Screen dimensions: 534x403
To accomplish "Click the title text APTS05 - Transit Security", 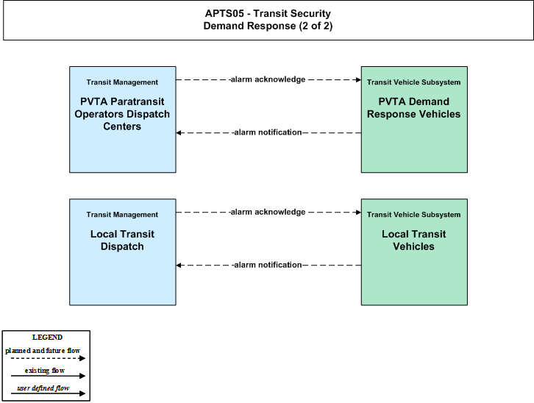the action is coord(268,14).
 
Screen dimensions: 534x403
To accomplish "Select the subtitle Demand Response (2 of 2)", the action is coord(268,26).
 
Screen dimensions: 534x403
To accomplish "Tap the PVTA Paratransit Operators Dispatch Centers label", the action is coord(122,114).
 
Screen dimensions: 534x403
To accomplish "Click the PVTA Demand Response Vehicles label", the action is coord(414,108).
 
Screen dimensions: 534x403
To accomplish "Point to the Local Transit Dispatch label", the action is coord(122,240).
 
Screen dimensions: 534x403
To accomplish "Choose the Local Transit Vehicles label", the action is coord(414,240).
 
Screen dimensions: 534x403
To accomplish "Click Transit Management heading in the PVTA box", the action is coord(122,82).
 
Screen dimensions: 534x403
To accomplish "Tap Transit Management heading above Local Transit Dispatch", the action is coord(122,215).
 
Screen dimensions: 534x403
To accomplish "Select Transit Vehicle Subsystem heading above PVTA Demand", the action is coord(414,82).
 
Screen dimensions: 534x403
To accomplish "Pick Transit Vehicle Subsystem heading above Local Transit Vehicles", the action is coord(414,215).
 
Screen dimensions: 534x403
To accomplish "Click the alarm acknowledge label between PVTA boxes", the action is coord(268,79).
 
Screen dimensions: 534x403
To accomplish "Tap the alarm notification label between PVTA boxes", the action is coord(268,132).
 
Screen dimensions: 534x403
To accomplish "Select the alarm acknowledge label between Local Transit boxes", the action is coord(268,212).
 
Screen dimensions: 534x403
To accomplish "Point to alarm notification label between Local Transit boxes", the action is coord(268,265).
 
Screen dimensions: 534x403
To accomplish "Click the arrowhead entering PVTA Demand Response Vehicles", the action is coord(358,79).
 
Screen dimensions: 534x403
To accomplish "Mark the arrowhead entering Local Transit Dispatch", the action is coord(179,265).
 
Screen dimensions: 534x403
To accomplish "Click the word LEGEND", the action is coord(47,338).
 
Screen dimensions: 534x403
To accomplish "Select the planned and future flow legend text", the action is coord(43,351).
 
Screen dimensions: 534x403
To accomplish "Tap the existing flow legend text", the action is coord(45,371).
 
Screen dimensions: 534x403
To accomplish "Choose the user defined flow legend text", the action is coord(43,388).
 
